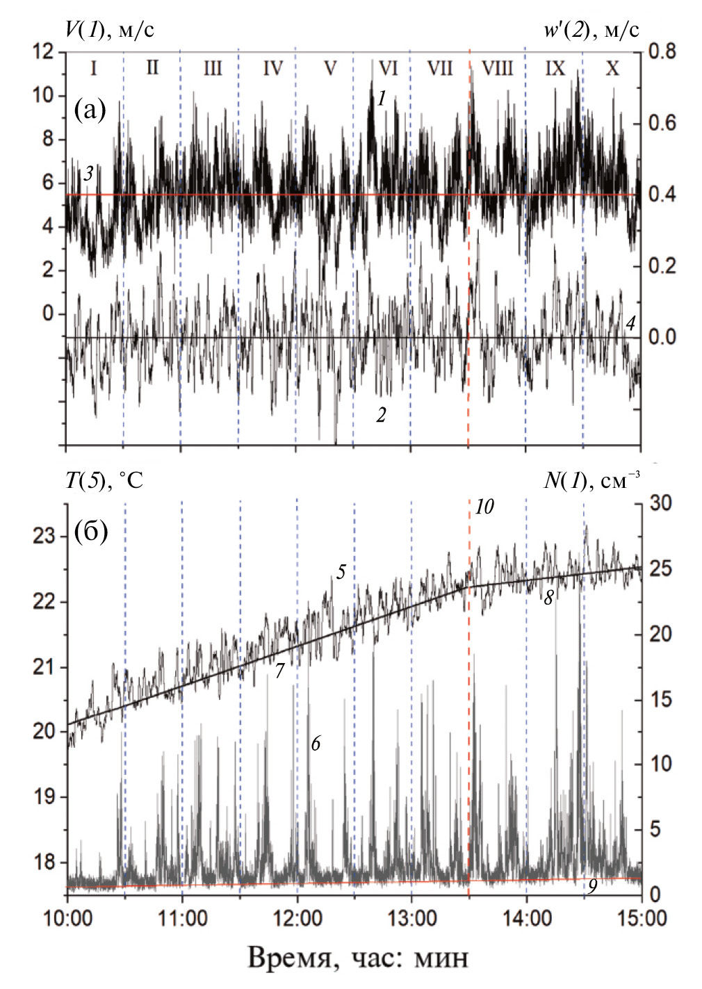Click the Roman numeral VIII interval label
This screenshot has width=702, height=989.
pos(497,68)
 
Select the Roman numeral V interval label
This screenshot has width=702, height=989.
pos(330,68)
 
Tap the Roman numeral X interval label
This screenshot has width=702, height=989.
pos(612,68)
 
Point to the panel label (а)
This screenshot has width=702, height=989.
pos(90,109)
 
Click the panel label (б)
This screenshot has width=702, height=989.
pos(91,532)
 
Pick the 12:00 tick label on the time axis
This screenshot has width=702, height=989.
pos(297,918)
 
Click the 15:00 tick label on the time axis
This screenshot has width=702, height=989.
pos(640,918)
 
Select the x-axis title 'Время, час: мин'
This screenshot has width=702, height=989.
pos(358,957)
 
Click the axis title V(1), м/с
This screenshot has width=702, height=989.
pos(110,29)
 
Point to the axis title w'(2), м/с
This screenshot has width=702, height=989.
pos(591,29)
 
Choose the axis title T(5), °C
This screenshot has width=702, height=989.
pos(104,480)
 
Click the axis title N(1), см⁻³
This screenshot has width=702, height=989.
pos(591,480)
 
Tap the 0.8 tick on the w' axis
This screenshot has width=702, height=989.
pos(662,51)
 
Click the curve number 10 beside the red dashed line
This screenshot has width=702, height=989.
pos(484,507)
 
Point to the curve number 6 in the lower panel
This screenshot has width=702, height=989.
pos(316,743)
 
